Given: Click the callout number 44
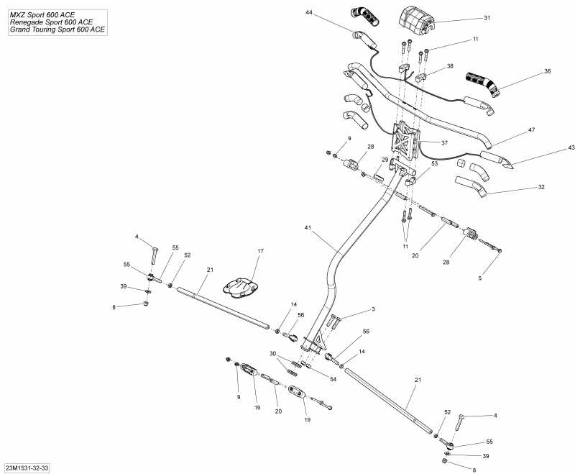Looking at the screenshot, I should coord(309,13).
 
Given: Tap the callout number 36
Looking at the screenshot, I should coord(548,71).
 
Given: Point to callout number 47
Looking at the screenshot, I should coord(532,130).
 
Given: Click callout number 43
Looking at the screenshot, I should coord(552,147).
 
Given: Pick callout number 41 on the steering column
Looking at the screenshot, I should coord(307,227).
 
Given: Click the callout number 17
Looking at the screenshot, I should coord(261,251).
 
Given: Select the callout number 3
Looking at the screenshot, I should coord(373,309).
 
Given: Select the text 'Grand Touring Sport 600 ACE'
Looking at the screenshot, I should coord(55,30).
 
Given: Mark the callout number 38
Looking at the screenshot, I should coord(450,65).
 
